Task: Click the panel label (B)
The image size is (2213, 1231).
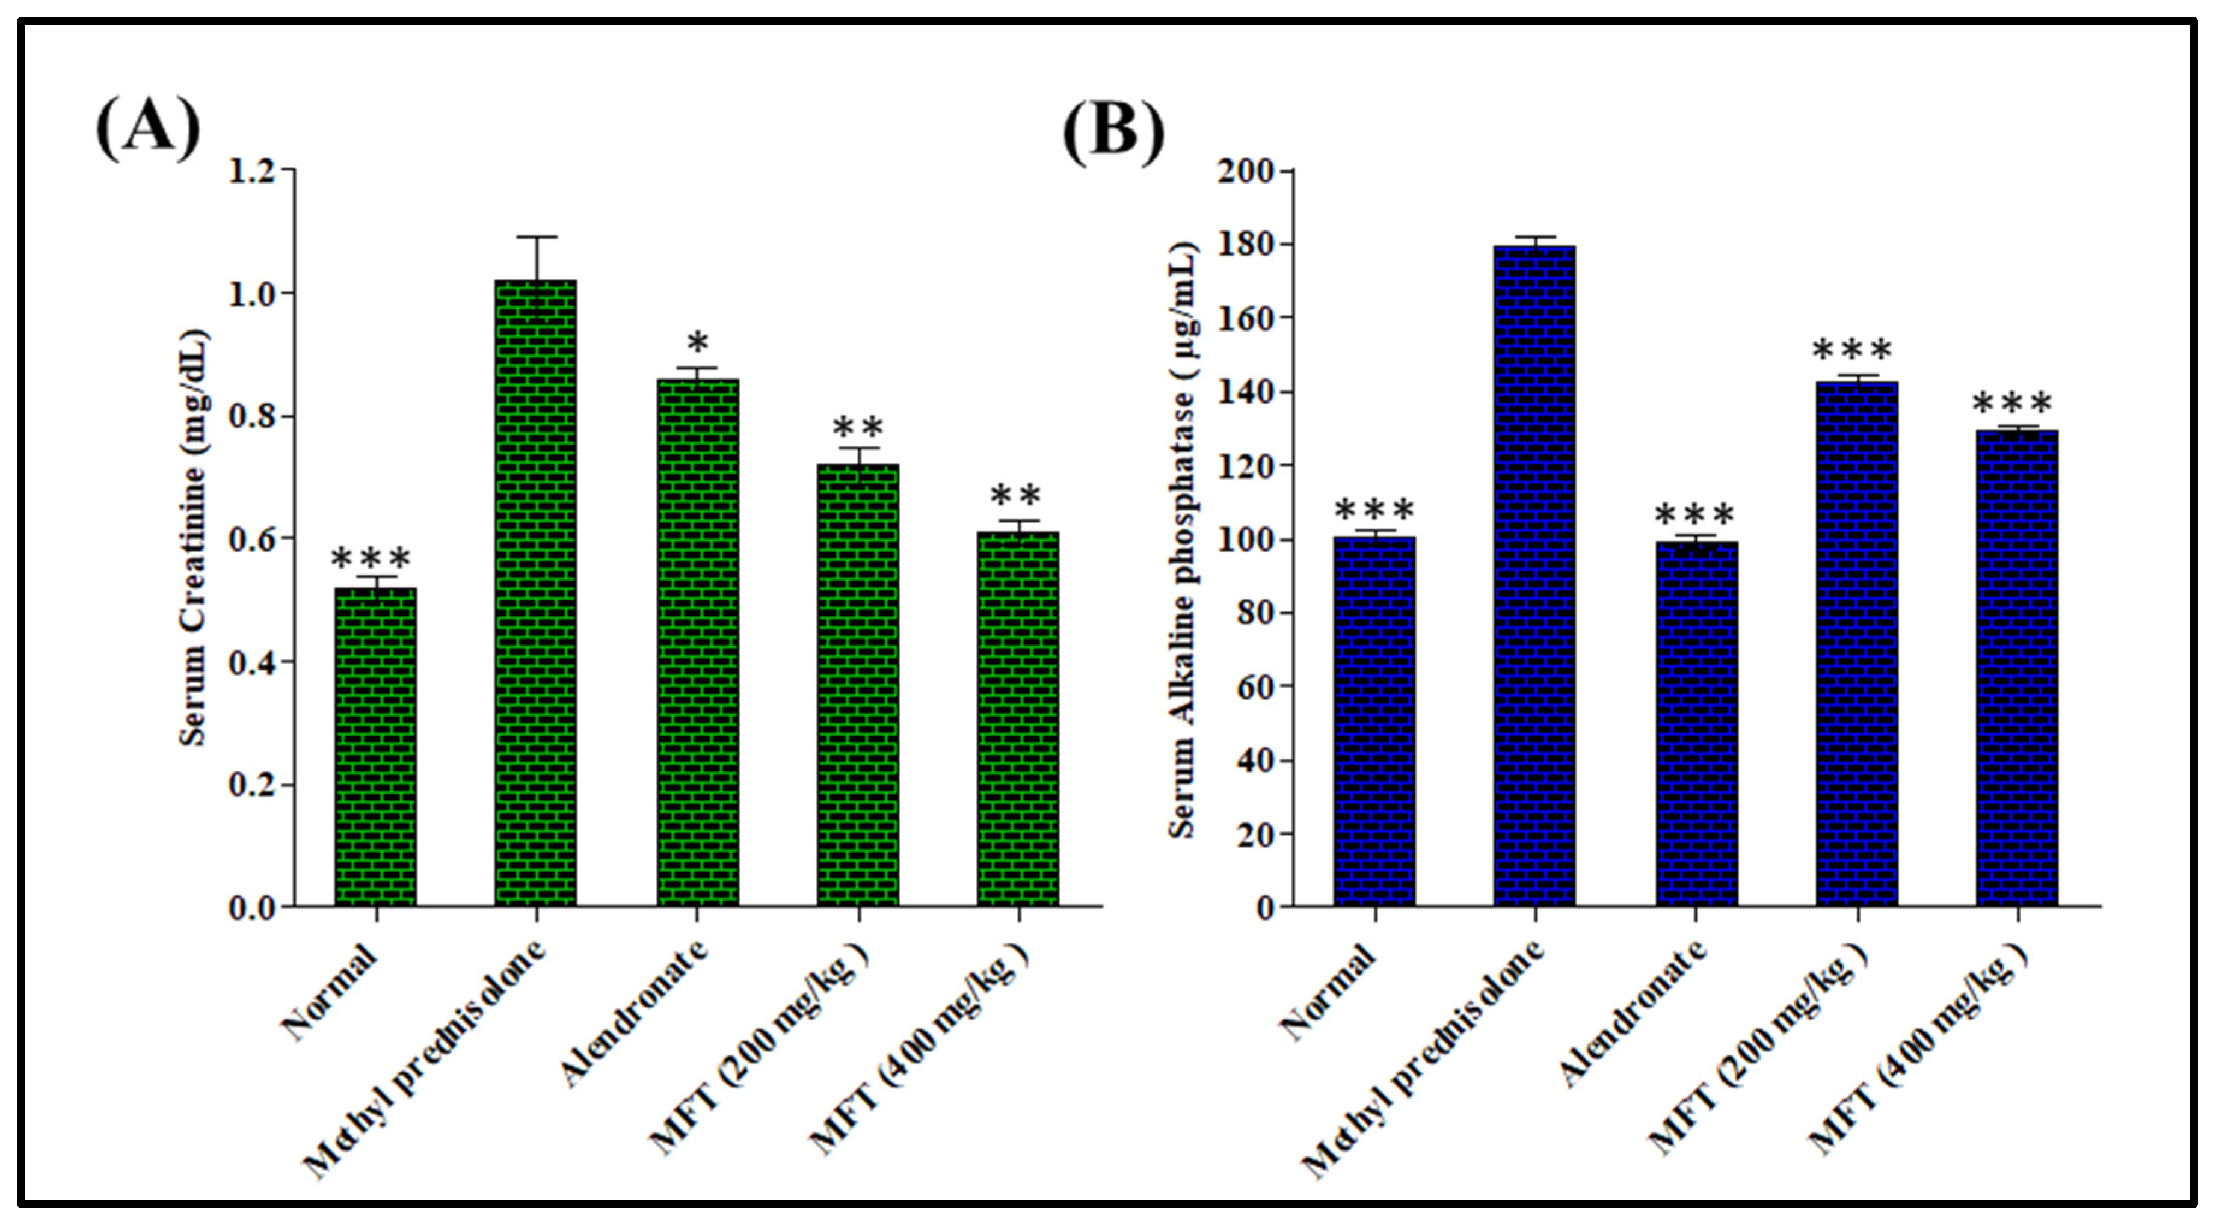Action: [1113, 129]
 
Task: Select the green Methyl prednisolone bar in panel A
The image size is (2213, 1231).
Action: [535, 593]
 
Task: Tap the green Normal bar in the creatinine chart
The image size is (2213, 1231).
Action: [375, 747]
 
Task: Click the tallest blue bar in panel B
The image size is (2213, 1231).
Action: [1534, 576]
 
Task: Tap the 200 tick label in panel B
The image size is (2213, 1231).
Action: [1244, 171]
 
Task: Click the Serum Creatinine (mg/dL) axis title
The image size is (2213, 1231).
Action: [195, 538]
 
